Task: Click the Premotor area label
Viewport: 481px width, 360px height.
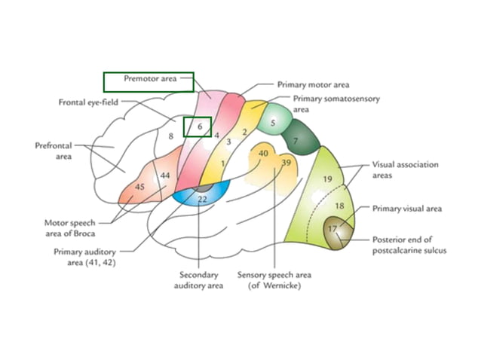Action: pyautogui.click(x=148, y=78)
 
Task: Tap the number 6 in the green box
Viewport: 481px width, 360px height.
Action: pyautogui.click(x=200, y=127)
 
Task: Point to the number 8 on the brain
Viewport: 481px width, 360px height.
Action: pyautogui.click(x=171, y=136)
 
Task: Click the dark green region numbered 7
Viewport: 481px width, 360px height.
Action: pyautogui.click(x=296, y=141)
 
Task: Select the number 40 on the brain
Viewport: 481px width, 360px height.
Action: pyautogui.click(x=262, y=153)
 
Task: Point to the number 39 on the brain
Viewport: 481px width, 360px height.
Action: pyautogui.click(x=286, y=163)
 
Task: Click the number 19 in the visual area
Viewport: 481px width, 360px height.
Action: pyautogui.click(x=327, y=179)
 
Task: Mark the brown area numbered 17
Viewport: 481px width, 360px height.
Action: pyautogui.click(x=332, y=227)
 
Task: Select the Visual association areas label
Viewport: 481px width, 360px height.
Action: pyautogui.click(x=405, y=169)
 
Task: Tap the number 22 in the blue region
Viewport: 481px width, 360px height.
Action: pyautogui.click(x=202, y=199)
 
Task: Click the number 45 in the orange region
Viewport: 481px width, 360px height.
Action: pyautogui.click(x=139, y=186)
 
